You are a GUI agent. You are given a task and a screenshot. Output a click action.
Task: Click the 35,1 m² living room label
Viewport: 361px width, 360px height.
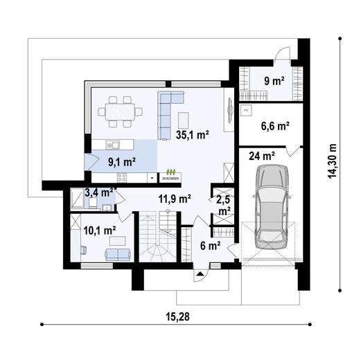coord(193,136)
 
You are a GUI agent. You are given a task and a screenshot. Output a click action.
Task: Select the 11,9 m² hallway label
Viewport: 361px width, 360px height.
coord(174,199)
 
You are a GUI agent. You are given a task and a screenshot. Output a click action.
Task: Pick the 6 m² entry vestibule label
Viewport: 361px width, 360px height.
coord(210,244)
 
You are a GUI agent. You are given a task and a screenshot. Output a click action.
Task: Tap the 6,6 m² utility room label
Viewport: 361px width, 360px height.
coord(274,126)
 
